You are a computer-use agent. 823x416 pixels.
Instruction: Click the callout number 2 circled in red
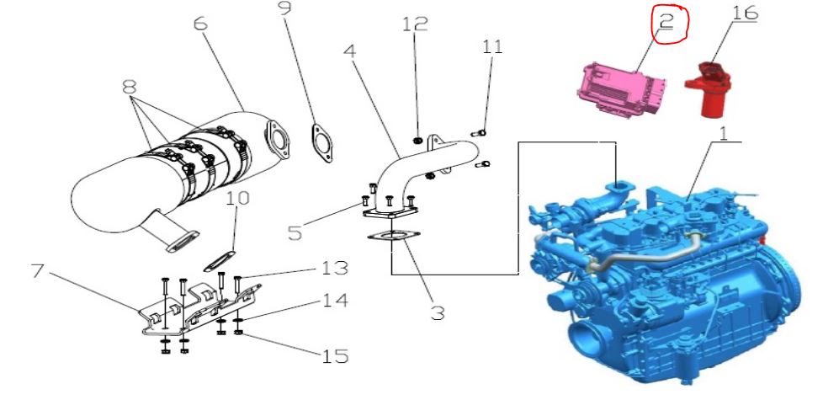click(x=666, y=21)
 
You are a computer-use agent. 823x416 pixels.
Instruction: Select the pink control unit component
click(x=623, y=88)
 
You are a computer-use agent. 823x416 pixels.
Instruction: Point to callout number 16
click(x=745, y=12)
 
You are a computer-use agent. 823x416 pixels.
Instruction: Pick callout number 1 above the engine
click(x=724, y=133)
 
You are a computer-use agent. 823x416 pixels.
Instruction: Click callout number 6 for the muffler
click(x=201, y=23)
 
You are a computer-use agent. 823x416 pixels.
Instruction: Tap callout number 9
click(x=284, y=8)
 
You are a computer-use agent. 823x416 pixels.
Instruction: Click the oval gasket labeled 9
click(x=321, y=143)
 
